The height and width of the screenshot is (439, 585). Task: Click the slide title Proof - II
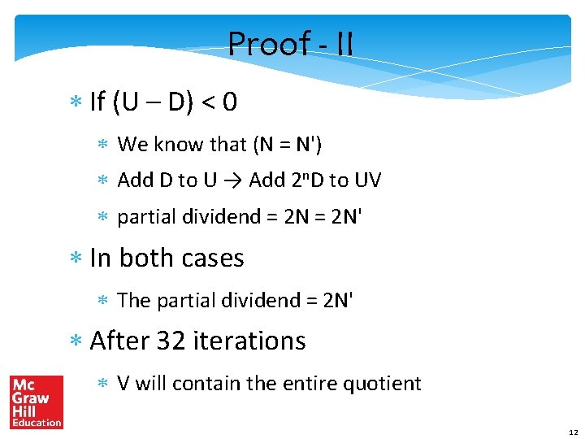pyautogui.click(x=290, y=44)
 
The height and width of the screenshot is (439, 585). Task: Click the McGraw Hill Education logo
pyautogui.click(x=37, y=402)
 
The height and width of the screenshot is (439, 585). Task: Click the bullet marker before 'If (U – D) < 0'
pyautogui.click(x=78, y=103)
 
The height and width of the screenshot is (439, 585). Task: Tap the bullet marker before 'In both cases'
pyautogui.click(x=78, y=259)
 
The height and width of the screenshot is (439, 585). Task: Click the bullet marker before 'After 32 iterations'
pyautogui.click(x=78, y=341)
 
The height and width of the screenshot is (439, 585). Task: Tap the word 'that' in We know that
pyautogui.click(x=227, y=145)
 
